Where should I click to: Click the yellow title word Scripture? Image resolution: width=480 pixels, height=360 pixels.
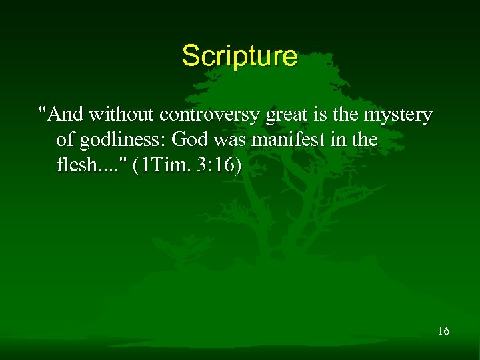pos(239,56)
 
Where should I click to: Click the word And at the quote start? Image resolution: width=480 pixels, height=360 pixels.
pos(65,115)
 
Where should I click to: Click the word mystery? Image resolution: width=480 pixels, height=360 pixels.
pos(399,115)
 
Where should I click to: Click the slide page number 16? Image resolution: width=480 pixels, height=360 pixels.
pos(443,331)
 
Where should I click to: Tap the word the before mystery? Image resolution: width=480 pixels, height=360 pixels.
pos(347,115)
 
